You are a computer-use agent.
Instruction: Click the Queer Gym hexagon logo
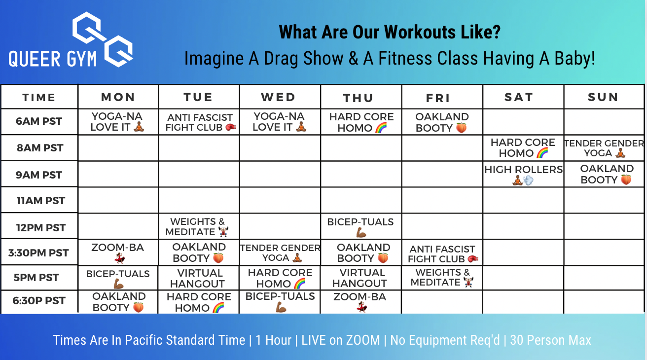click(x=103, y=39)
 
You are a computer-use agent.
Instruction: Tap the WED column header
click(x=279, y=97)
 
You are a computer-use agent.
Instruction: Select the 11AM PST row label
click(x=41, y=201)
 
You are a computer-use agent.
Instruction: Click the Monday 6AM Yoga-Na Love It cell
click(x=117, y=122)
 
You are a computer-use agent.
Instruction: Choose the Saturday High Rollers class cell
click(x=523, y=174)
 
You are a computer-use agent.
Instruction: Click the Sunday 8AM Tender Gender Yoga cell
click(x=604, y=148)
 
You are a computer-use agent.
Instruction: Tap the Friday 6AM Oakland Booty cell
click(x=442, y=122)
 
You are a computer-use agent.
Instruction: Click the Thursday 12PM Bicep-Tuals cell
click(x=360, y=227)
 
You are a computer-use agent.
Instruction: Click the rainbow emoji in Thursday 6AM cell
click(x=381, y=127)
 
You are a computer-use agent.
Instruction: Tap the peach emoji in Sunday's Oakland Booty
click(x=626, y=180)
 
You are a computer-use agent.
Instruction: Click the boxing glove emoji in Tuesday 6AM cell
click(x=230, y=127)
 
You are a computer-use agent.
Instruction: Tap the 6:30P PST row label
click(x=38, y=300)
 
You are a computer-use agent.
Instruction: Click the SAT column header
click(x=519, y=97)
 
